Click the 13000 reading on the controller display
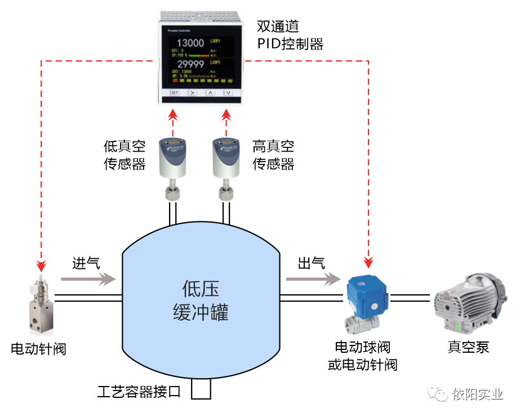190,43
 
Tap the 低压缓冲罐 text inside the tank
201,301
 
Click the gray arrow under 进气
87,278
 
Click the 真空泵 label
469,347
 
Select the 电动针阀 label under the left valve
39,349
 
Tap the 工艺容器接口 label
139,391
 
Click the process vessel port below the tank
201,388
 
